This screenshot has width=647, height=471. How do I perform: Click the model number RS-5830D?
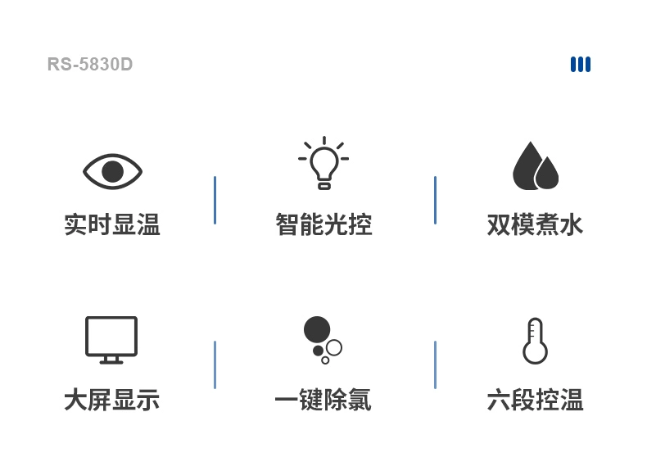[90, 65]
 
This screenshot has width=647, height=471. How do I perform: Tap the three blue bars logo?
[581, 64]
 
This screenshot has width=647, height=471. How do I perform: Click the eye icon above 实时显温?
[112, 171]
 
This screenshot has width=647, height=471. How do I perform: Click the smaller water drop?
[547, 173]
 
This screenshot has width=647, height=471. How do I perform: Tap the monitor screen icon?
[111, 338]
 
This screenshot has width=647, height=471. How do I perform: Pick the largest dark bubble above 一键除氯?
[317, 329]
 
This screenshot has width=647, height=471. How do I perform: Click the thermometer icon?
[535, 341]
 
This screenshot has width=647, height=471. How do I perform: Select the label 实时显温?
[112, 224]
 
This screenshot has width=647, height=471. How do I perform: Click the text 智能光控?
[323, 224]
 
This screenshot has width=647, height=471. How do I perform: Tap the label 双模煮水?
[535, 224]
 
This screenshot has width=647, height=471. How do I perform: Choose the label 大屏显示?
[112, 401]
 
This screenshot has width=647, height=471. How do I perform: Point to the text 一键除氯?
[323, 401]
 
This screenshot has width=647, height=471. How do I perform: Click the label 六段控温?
[535, 401]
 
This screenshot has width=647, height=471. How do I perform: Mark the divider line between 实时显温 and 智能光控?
[215, 200]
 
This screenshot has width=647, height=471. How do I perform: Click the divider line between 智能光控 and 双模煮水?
[435, 200]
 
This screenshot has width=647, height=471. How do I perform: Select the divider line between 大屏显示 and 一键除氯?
[215, 365]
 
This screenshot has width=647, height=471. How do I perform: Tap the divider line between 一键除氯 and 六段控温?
[435, 365]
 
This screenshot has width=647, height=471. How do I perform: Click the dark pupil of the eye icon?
[112, 171]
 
